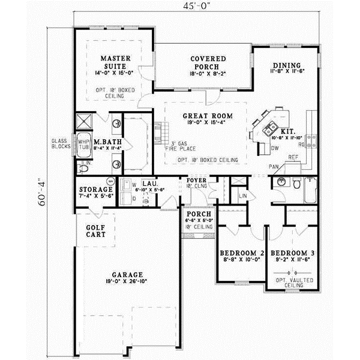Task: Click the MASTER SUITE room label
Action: click(x=116, y=62)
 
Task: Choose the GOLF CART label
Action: click(x=95, y=231)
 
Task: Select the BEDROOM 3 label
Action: click(x=290, y=253)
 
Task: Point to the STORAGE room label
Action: click(x=96, y=190)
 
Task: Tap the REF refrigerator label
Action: click(x=293, y=157)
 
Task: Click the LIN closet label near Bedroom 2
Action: click(x=242, y=196)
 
